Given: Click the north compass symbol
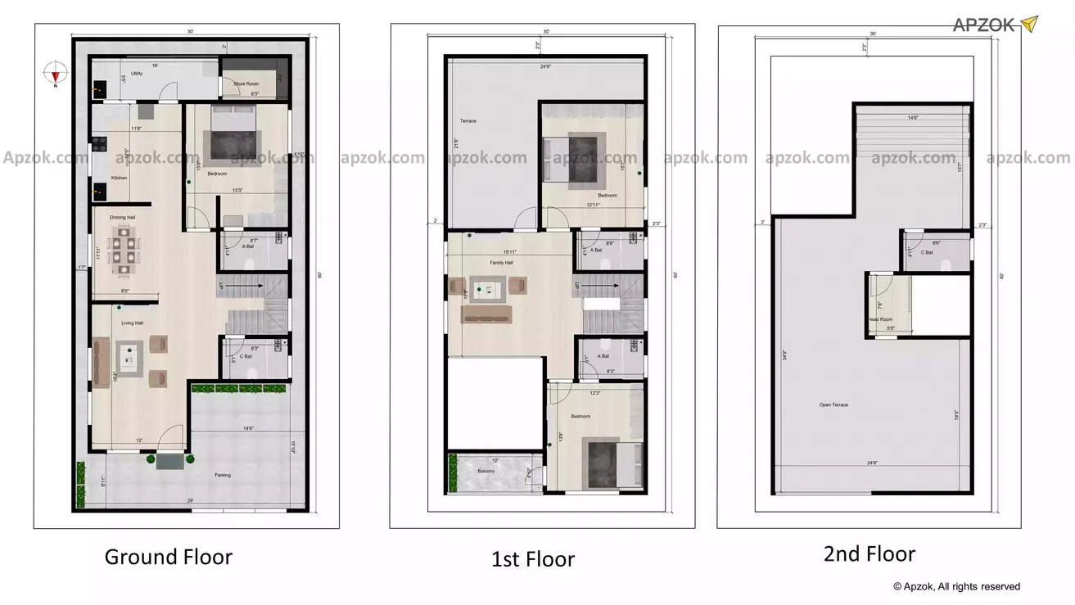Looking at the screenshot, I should pos(55,72).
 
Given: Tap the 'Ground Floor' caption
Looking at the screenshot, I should pos(168,557).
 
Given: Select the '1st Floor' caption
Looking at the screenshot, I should pos(533,560).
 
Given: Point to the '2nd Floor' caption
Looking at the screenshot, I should pos(869,554).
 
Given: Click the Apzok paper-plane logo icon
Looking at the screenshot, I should pos(1028,24).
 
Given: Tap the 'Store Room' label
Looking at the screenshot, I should pos(246,84).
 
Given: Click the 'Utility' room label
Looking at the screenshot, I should pos(137,74).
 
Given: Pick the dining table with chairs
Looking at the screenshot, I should pos(126,249).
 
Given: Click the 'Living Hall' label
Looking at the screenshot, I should pos(133,323).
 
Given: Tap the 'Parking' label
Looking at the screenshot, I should pos(223,475).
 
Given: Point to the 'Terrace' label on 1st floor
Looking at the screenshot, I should pos(467,121).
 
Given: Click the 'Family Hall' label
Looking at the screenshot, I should pos(501,263).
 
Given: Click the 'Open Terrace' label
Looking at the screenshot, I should pos(833,404).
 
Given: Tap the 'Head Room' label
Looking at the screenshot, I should pos(880,319).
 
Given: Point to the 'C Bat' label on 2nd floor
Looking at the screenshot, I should pos(927,252).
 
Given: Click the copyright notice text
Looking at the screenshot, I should pos(956,586).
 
